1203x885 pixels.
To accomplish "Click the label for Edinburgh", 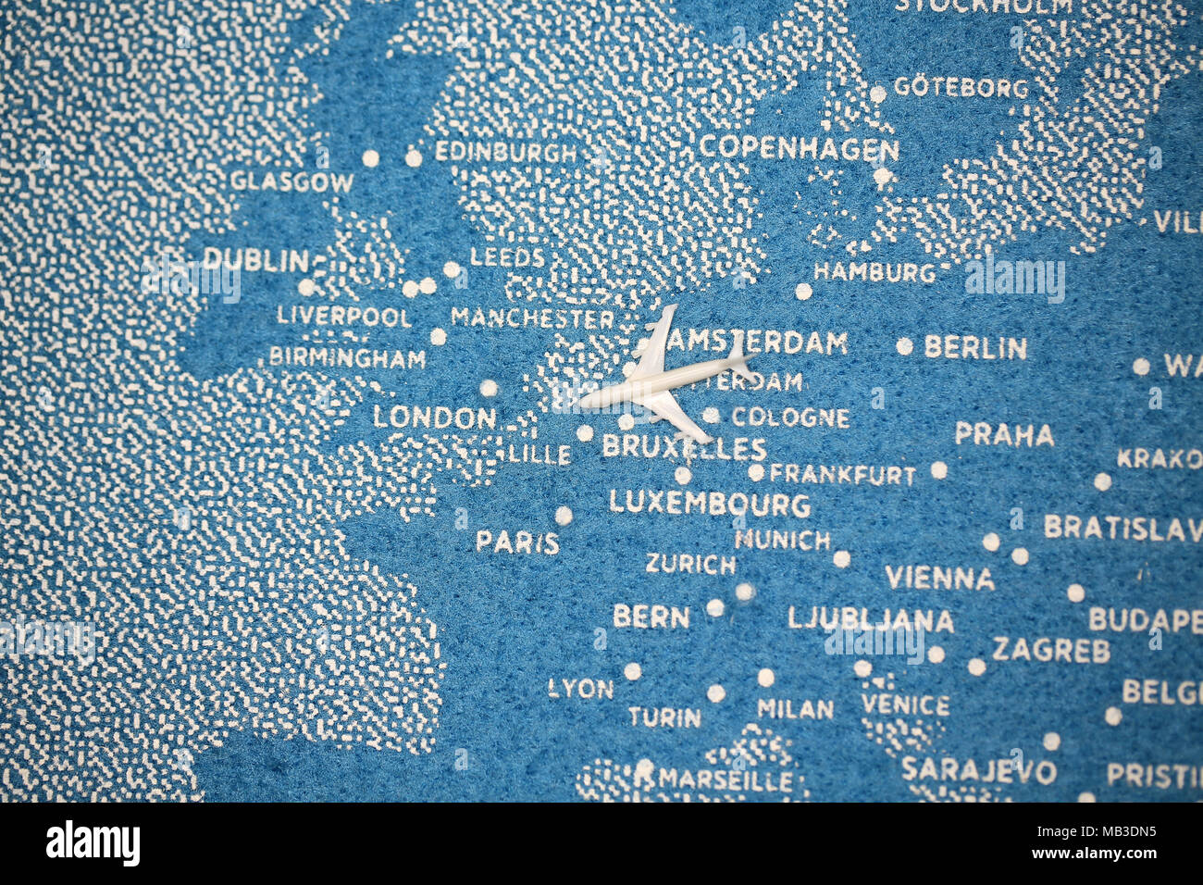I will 505,152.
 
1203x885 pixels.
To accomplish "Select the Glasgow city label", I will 292,181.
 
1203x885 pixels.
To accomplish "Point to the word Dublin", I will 255,260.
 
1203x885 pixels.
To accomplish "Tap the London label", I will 434,418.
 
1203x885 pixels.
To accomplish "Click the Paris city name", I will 516,542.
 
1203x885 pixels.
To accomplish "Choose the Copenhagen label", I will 798,148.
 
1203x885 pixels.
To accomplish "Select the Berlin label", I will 974,348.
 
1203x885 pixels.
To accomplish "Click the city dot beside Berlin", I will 903,346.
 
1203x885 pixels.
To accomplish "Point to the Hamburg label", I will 874,273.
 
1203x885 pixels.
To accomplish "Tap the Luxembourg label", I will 709,505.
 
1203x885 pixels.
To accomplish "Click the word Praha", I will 1003,434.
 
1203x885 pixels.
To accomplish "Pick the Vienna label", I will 938,579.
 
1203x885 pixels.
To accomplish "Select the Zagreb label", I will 1050,650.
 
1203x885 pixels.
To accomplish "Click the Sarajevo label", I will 978,770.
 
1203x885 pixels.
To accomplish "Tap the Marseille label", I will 725,779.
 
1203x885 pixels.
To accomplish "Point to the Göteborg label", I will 960,89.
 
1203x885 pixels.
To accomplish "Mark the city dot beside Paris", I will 563,516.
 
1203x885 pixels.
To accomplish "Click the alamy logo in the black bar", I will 93,843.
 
